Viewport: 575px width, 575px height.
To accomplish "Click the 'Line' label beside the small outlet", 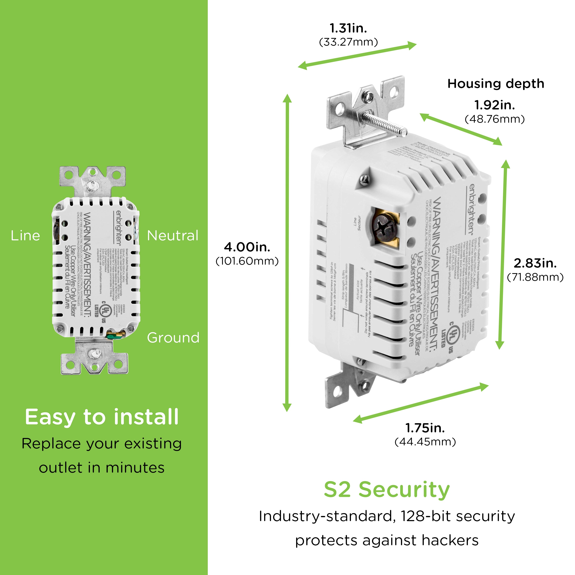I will tap(25, 236).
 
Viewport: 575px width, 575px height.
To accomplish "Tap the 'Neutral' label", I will tap(173, 236).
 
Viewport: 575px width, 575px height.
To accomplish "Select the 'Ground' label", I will tap(173, 338).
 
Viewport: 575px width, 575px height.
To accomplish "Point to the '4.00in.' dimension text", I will tap(247, 247).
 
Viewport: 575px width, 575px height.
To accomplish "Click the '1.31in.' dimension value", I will tap(348, 29).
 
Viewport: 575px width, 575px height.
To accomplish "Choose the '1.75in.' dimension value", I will tap(425, 428).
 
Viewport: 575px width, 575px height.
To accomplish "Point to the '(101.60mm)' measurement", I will tap(247, 261).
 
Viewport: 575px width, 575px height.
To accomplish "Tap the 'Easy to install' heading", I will tap(102, 417).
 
